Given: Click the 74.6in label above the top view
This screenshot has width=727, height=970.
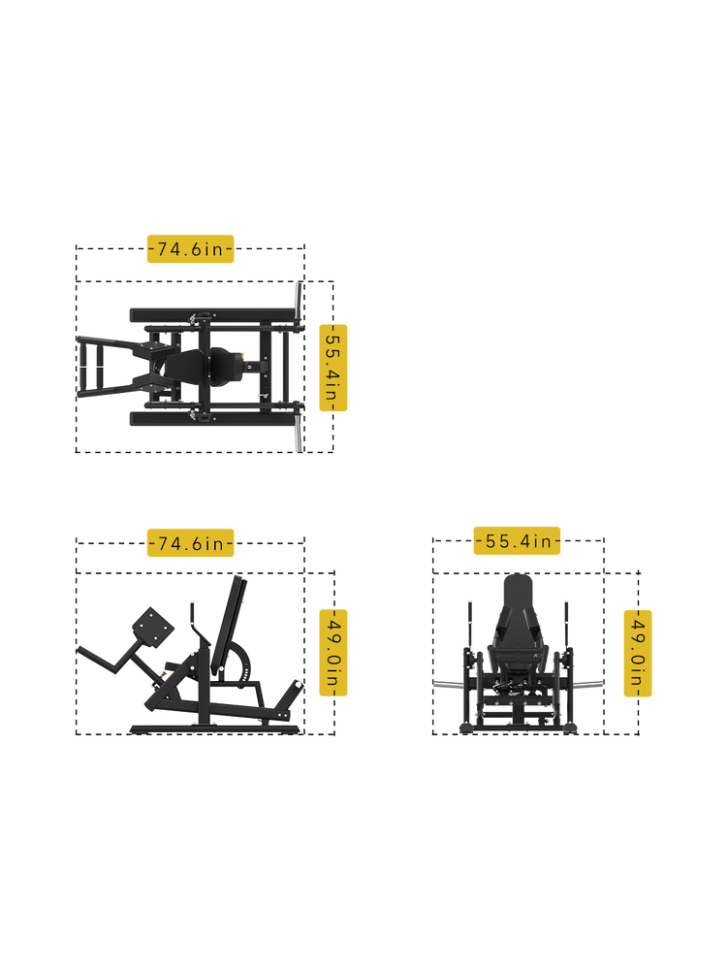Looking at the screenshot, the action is click(x=190, y=248).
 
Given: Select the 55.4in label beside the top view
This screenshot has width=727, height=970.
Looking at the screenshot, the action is click(x=333, y=368).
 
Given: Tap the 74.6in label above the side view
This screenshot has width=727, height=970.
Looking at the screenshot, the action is click(x=190, y=542).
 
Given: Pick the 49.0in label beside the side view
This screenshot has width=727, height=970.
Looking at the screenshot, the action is click(x=333, y=653).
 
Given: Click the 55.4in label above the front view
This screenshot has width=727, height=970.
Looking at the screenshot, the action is click(x=517, y=540).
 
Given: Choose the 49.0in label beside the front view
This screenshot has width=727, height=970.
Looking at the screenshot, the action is click(x=638, y=653).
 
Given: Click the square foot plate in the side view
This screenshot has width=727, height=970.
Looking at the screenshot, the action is click(x=153, y=627).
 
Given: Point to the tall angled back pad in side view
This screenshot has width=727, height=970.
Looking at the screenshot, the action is click(x=228, y=625).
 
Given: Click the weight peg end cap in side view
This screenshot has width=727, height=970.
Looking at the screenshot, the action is click(x=299, y=686).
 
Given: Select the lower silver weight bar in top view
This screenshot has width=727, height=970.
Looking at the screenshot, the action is click(x=299, y=432).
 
